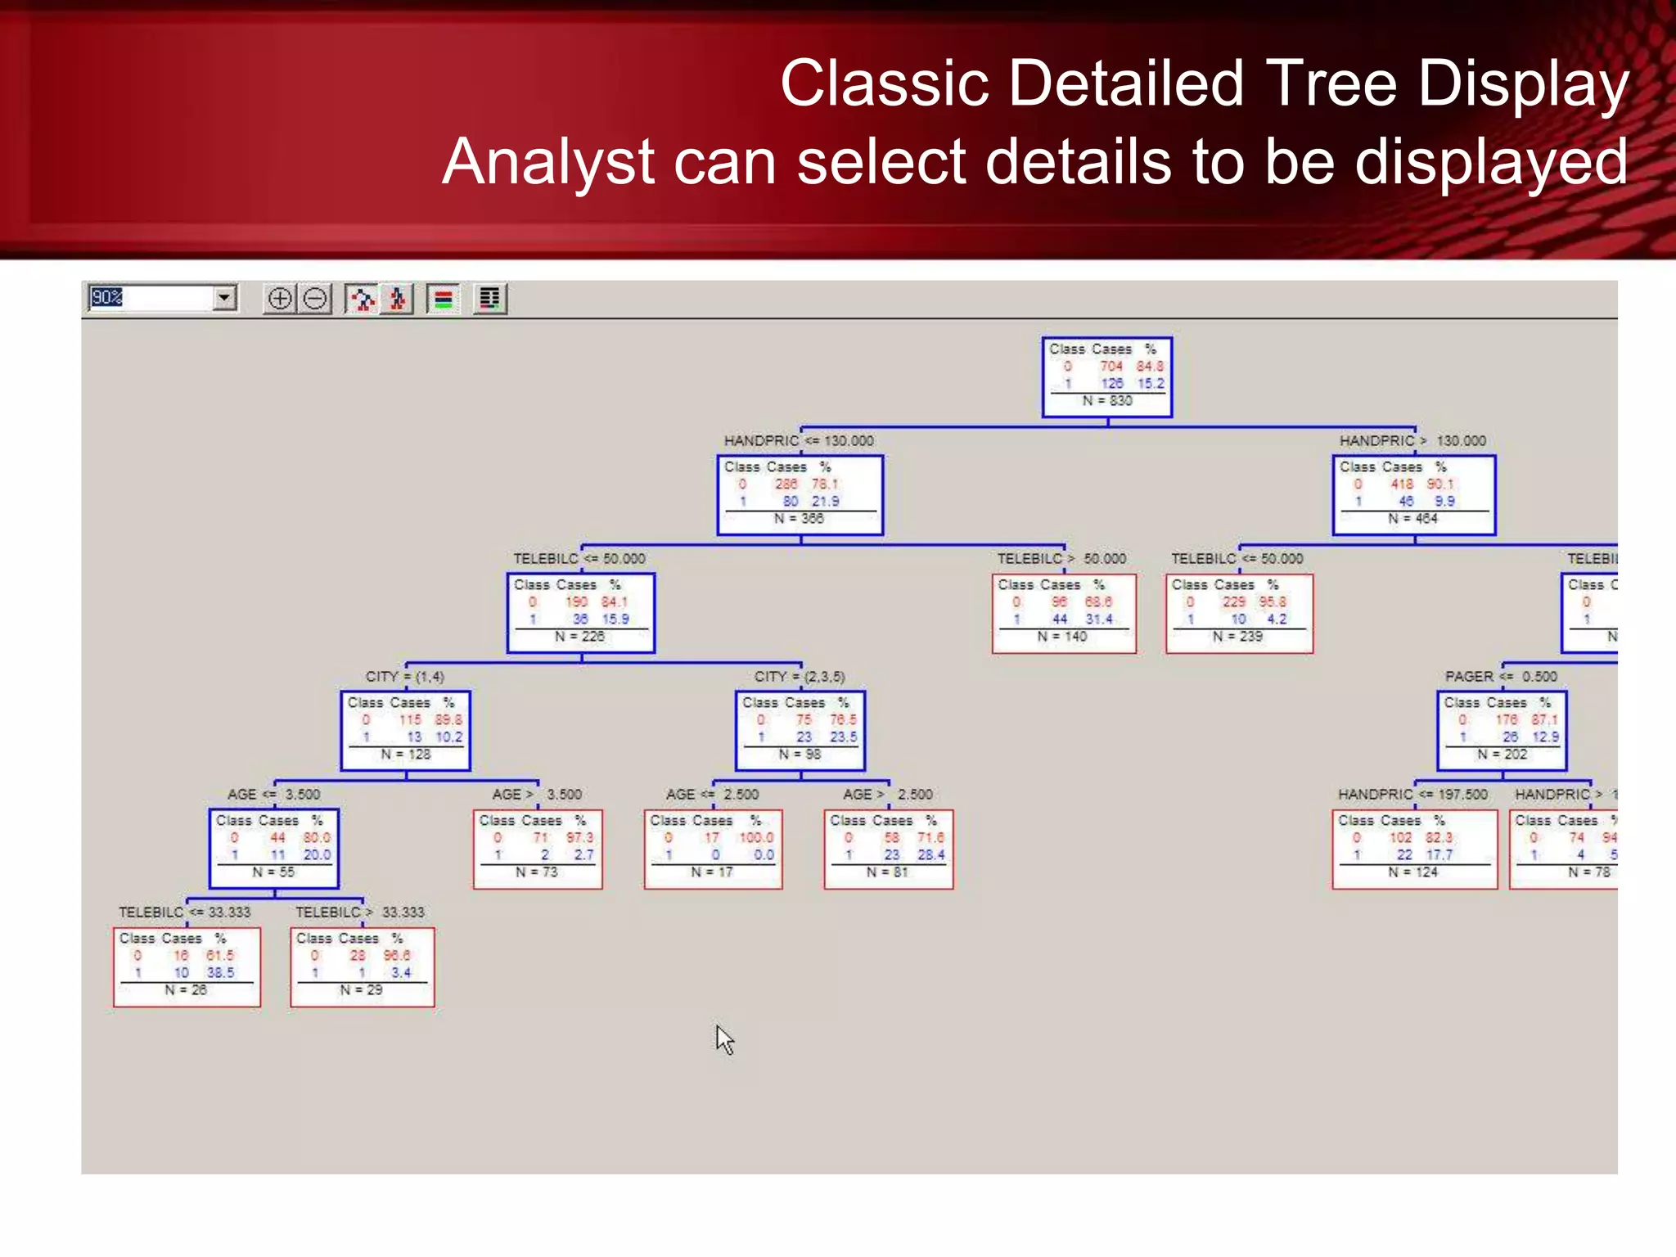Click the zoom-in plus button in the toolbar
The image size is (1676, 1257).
(280, 299)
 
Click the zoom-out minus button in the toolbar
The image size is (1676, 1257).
(315, 299)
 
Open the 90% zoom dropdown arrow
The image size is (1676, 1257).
(224, 298)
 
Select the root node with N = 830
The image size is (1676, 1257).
(1106, 376)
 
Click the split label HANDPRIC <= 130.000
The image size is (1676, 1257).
(798, 441)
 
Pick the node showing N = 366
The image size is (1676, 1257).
(800, 495)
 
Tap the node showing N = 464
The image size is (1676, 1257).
(1413, 495)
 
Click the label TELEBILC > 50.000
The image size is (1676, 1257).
(1061, 559)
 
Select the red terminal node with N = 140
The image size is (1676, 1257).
(1063, 613)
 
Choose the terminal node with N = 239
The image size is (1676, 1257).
(1238, 613)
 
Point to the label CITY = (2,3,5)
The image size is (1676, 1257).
(799, 677)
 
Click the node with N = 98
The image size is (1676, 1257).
(800, 731)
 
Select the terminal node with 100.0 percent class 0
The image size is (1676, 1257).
(712, 849)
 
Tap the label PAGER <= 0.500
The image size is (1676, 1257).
(1500, 677)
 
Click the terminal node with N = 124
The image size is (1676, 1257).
(1413, 849)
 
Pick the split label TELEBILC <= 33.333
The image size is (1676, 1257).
(184, 912)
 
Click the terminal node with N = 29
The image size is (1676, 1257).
(362, 966)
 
